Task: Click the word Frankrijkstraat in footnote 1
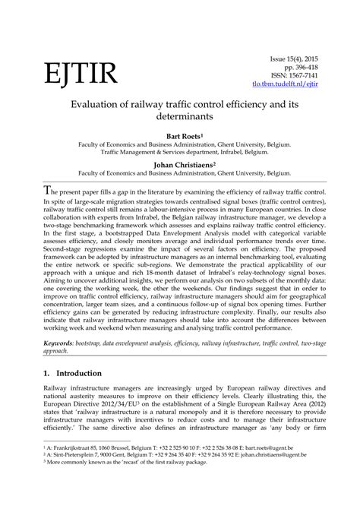(55, 470)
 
